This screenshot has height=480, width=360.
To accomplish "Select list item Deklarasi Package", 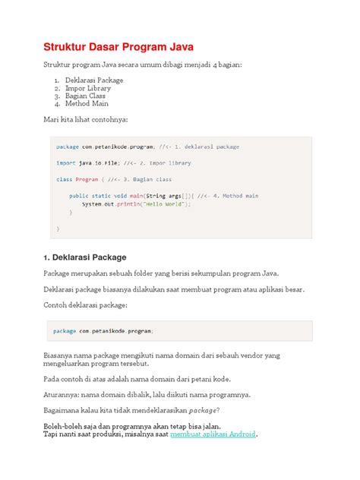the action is click(x=93, y=80).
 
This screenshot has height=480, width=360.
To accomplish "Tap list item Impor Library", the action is click(x=89, y=88).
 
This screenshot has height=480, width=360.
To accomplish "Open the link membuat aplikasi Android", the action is click(x=213, y=434).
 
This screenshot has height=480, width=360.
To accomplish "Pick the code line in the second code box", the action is click(x=103, y=331).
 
